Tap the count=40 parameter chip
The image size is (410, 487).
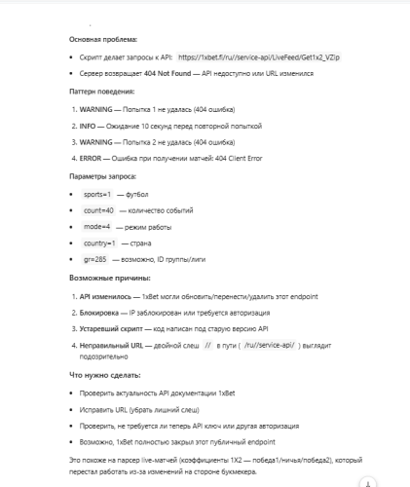click(99, 210)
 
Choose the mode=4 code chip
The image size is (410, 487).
click(97, 226)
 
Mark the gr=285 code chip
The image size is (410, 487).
click(95, 259)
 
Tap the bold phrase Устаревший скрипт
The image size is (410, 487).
click(116, 329)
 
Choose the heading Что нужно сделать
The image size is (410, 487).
click(101, 374)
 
